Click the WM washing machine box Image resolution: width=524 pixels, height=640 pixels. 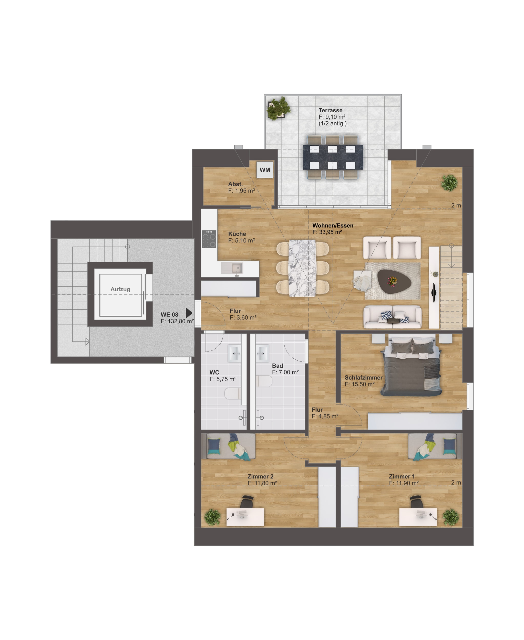coord(265,170)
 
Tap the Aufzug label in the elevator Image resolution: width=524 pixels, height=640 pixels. coord(120,289)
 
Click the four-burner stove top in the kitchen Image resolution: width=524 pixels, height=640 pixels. coord(209,239)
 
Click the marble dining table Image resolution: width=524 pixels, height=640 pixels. coord(302,268)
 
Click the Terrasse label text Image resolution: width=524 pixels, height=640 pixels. coord(331,110)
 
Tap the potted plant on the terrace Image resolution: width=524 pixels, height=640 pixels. coord(278,108)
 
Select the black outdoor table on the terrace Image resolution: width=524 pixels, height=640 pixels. coord(333,157)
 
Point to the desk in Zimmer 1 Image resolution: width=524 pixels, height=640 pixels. coord(418,518)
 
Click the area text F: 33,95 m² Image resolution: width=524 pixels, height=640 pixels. coord(327,232)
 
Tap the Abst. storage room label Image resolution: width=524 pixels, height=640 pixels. coord(235,184)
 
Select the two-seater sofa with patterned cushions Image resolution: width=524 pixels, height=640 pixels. coord(393,317)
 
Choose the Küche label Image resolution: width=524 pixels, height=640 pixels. coord(237,234)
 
